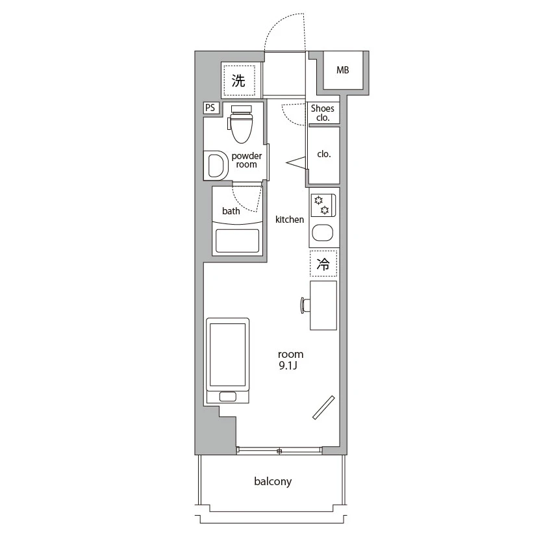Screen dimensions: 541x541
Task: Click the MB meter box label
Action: coord(343,70)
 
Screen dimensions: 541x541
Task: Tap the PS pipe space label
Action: coord(210,108)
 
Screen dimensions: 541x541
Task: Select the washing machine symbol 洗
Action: coord(238,81)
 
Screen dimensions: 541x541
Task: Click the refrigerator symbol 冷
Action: coord(323,264)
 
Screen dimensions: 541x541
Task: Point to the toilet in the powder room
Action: coord(241,123)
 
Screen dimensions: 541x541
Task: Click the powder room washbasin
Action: coord(216,166)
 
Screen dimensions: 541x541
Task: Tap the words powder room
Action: coord(247,160)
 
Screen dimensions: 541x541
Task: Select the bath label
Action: coord(231,211)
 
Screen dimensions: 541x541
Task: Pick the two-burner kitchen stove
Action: coord(323,205)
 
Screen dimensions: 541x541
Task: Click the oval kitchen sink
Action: coord(323,233)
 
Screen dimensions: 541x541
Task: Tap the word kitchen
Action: coord(290,220)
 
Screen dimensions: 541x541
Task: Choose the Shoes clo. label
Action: coord(323,113)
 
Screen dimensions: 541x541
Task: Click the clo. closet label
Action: coord(324,154)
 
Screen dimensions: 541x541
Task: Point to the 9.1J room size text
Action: coord(288,366)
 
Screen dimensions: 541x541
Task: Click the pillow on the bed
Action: coord(228,397)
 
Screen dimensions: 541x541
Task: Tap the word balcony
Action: coord(273,482)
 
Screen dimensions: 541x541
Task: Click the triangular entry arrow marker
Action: coord(296,163)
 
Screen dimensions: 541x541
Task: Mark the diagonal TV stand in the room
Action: coord(323,408)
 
